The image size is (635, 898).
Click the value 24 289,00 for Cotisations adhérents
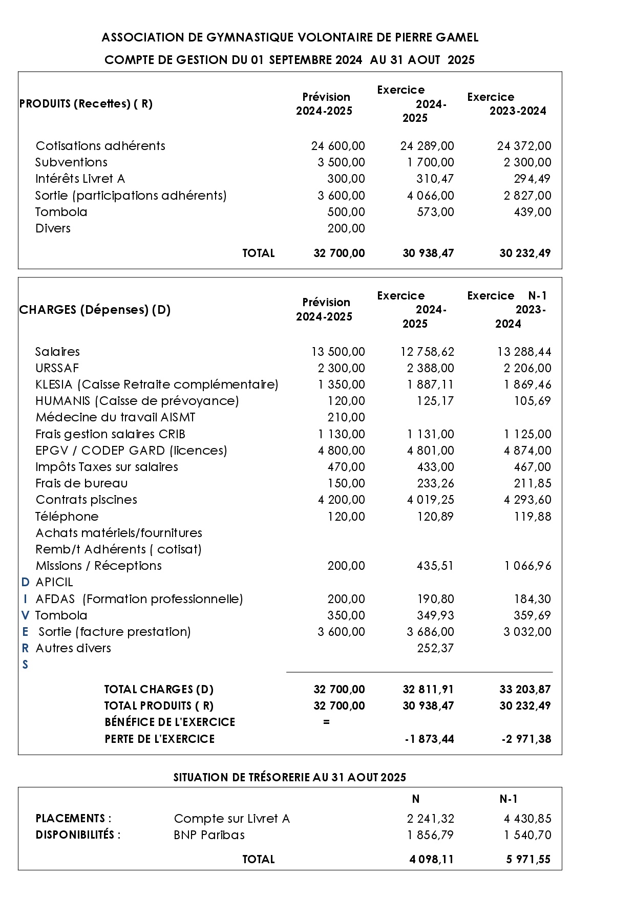pyautogui.click(x=427, y=146)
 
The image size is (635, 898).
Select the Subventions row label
pyautogui.click(x=71, y=162)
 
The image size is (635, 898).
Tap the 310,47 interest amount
pyautogui.click(x=435, y=179)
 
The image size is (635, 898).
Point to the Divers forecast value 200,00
pyautogui.click(x=346, y=228)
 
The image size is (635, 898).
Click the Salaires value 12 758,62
pyautogui.click(x=427, y=352)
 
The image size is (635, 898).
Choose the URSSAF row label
pyautogui.click(x=57, y=368)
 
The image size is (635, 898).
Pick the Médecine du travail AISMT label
pyautogui.click(x=115, y=417)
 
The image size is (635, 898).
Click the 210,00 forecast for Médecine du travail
pyautogui.click(x=346, y=417)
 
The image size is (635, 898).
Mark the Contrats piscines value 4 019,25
pyautogui.click(x=430, y=500)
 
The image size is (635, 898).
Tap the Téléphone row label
pyautogui.click(x=67, y=516)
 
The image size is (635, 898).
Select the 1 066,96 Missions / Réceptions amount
pyautogui.click(x=527, y=566)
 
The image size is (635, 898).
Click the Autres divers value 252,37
pyautogui.click(x=435, y=648)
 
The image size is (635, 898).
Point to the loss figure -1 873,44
pyautogui.click(x=429, y=739)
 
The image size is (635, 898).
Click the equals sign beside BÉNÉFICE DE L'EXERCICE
pyautogui.click(x=326, y=722)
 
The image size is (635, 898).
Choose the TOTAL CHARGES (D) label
pyautogui.click(x=159, y=690)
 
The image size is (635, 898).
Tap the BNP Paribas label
pyautogui.click(x=209, y=835)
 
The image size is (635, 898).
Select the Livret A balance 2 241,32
pyautogui.click(x=430, y=819)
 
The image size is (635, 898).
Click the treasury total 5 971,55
pyautogui.click(x=528, y=859)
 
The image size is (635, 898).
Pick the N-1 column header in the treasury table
pyautogui.click(x=508, y=799)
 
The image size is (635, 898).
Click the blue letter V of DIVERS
pyautogui.click(x=25, y=615)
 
